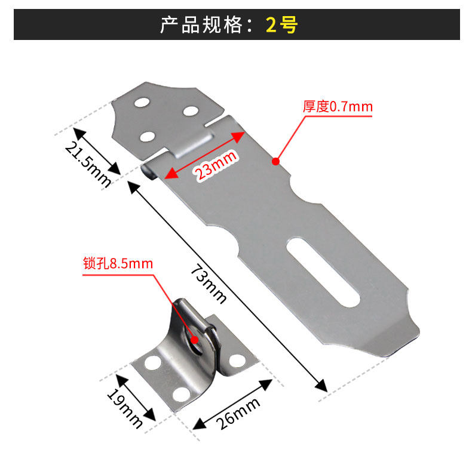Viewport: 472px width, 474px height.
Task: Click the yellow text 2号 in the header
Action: pyautogui.click(x=281, y=25)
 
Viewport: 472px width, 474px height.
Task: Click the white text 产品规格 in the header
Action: pyautogui.click(x=202, y=25)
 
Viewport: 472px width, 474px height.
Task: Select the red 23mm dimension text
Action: pyautogui.click(x=214, y=165)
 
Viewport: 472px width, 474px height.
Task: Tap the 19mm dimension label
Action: pyautogui.click(x=125, y=410)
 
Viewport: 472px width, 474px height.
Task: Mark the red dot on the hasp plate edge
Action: pyautogui.click(x=276, y=161)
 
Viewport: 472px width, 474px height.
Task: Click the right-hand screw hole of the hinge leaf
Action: pyautogui.click(x=191, y=111)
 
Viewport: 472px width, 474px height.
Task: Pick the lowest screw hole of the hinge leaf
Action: pyautogui.click(x=146, y=137)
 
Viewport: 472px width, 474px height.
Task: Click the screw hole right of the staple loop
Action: pyautogui.click(x=237, y=360)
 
